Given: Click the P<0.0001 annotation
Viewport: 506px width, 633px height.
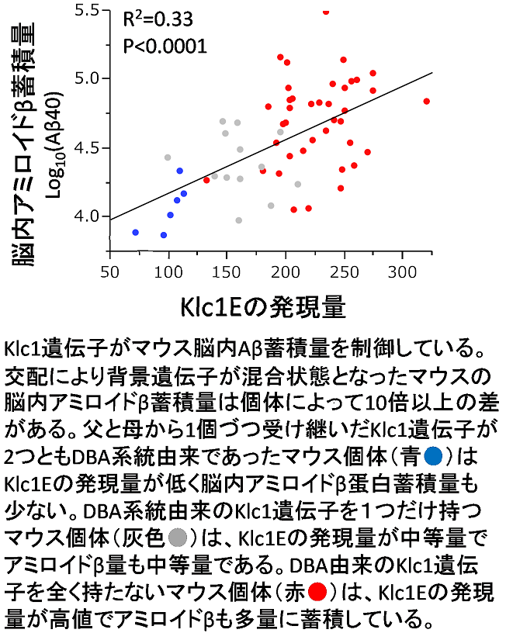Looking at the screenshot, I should coord(165,46).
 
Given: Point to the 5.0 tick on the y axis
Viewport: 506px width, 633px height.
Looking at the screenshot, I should coord(88,78).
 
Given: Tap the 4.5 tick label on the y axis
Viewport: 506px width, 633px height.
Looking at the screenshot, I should coord(88,147).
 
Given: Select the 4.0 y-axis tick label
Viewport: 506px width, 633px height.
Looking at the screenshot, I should coord(88,216).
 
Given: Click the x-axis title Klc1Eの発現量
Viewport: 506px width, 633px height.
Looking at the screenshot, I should coord(262,305).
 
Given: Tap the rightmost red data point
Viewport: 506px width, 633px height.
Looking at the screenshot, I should coord(427,101).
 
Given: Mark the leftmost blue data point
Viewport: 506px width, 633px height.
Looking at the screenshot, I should coord(136,232).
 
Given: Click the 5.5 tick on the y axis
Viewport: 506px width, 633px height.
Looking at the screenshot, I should coord(88,10).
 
